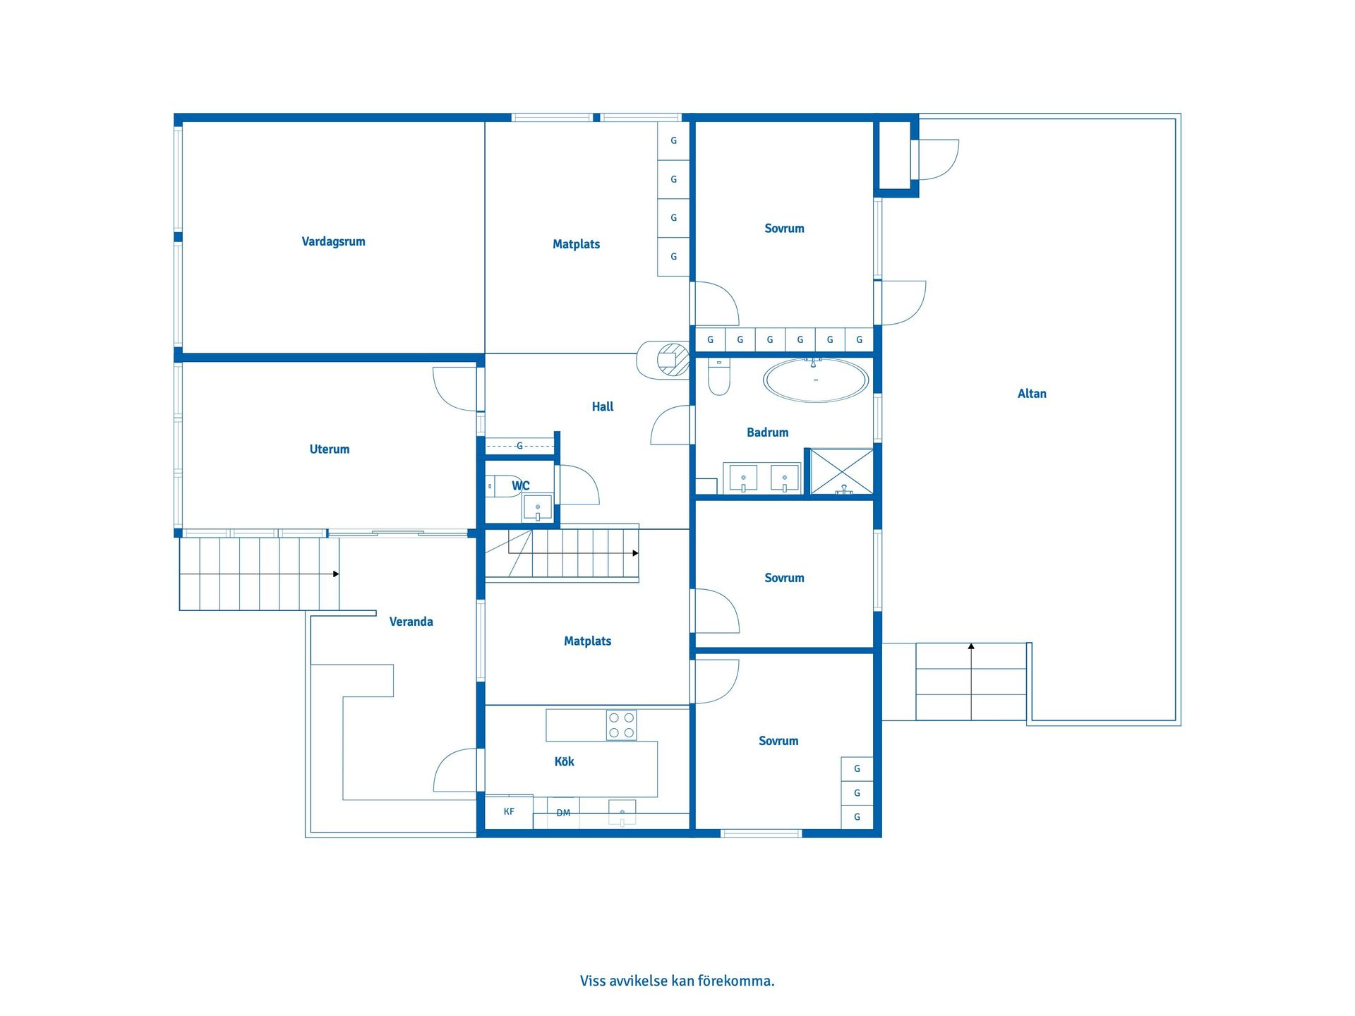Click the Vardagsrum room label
pos(333,241)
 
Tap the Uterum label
pos(330,449)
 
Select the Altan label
pos(1032,394)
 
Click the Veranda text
pos(411,622)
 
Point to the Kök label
pos(564,761)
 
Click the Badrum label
pos(768,433)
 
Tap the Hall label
pos(603,406)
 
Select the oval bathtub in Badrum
pos(816,380)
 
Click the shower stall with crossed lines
pos(842,471)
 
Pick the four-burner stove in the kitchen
pos(621,725)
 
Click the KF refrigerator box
pos(509,811)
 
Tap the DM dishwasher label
pos(563,813)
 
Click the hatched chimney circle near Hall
pos(673,359)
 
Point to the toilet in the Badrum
pos(718,377)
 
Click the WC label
pos(521,485)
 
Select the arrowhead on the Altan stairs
pos(971,646)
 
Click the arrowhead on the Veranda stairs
pos(336,574)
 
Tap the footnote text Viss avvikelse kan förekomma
pos(677,981)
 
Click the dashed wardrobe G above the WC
pos(520,446)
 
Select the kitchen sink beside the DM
pos(622,812)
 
